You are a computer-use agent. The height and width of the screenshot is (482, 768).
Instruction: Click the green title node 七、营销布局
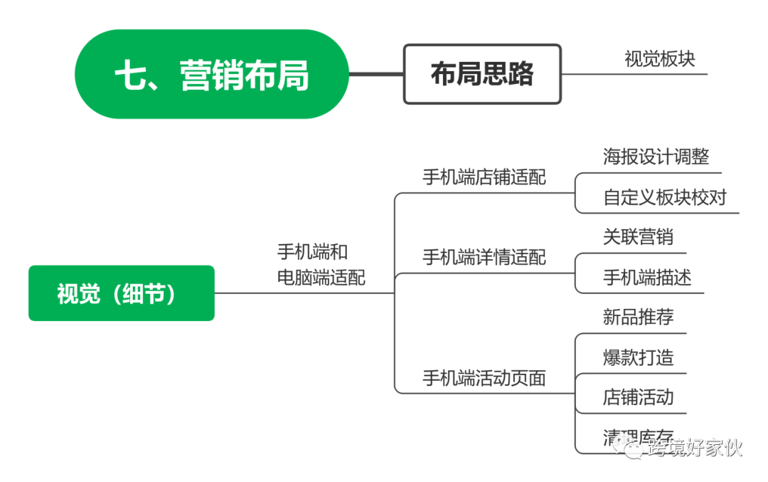[x=212, y=74]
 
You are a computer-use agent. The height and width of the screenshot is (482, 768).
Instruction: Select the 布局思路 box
[x=482, y=74]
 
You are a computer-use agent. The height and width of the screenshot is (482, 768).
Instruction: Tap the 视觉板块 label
[x=660, y=58]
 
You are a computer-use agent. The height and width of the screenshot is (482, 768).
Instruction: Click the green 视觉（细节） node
[x=121, y=293]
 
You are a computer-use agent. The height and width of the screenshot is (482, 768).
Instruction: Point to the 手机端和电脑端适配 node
[x=322, y=263]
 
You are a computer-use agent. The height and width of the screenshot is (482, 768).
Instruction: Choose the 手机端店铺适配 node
[x=484, y=177]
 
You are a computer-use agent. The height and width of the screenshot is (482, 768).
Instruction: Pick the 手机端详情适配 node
[x=484, y=256]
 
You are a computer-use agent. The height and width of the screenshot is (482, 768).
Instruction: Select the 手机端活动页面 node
[x=484, y=377]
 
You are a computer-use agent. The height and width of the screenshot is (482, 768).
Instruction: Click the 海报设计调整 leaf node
[x=656, y=156]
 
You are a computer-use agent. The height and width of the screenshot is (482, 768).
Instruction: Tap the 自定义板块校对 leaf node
[x=665, y=197]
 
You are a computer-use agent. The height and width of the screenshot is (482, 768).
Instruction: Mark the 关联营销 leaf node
[x=638, y=236]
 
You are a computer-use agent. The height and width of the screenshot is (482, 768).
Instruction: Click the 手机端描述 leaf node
[x=646, y=276]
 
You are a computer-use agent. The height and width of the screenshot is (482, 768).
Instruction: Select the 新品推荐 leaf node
[x=638, y=316]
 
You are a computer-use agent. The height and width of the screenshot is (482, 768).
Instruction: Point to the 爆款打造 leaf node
[x=638, y=357]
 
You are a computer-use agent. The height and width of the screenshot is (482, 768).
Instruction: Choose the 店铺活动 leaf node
[x=638, y=397]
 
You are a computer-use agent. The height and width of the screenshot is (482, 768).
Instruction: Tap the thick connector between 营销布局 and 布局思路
[x=376, y=74]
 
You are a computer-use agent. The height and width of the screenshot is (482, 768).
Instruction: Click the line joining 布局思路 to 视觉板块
[x=587, y=74]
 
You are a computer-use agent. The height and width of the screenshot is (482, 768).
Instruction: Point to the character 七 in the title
[x=131, y=74]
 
